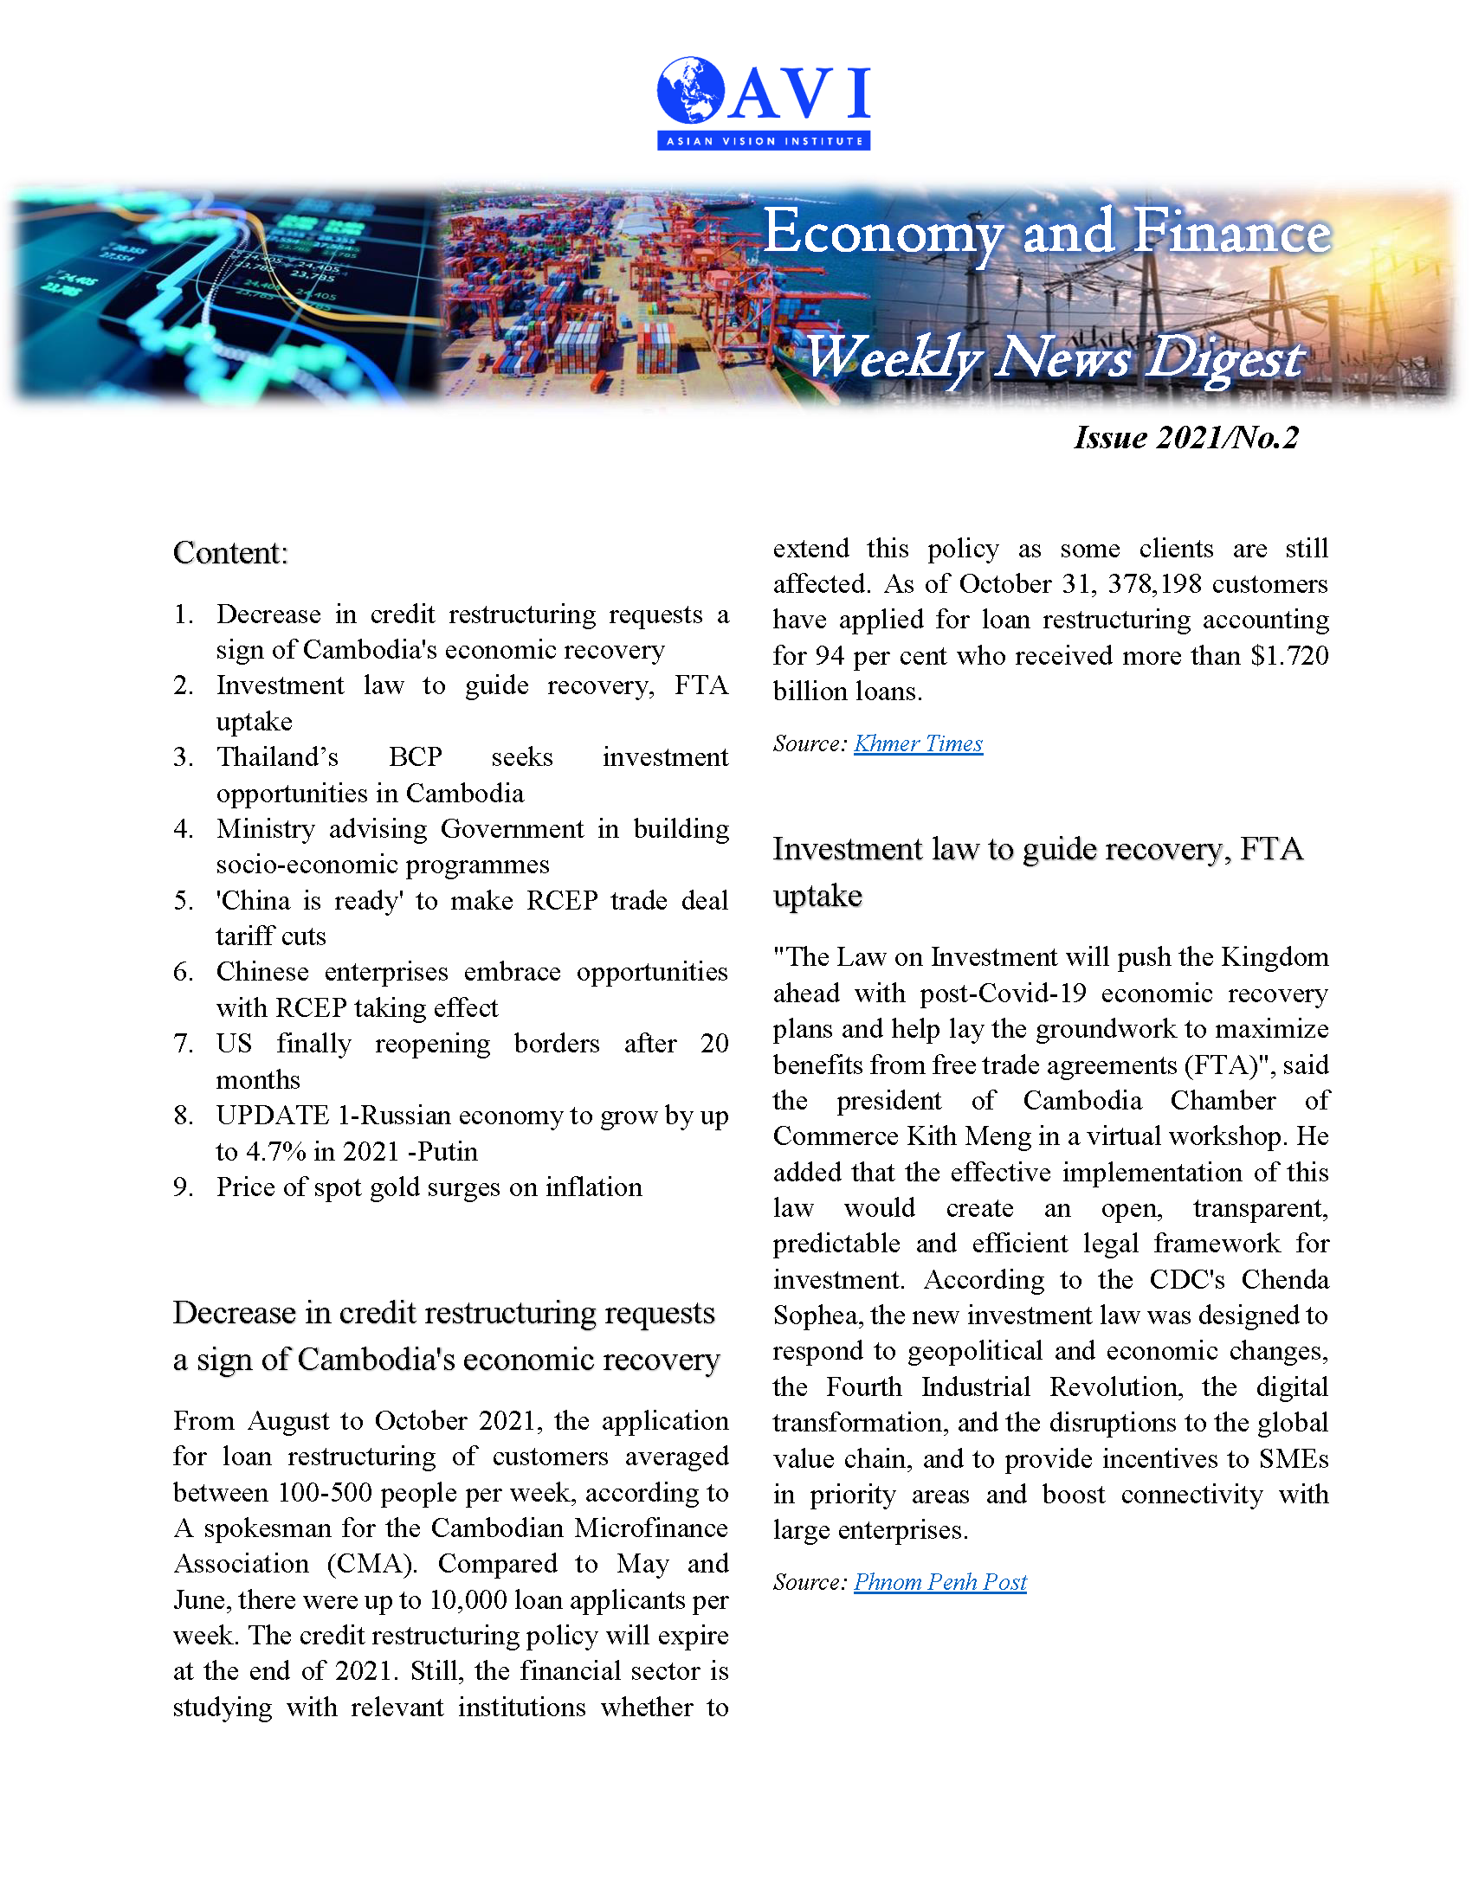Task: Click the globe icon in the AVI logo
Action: coord(691,90)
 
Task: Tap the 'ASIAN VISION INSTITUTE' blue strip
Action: coord(763,140)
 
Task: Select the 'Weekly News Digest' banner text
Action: coord(1055,357)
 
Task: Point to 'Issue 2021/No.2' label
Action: coord(1186,438)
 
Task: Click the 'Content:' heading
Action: coord(230,553)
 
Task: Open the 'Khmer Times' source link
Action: coord(917,743)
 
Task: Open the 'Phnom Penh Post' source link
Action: coord(939,1582)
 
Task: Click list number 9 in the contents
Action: coord(182,1187)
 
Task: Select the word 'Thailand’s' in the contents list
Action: coord(277,756)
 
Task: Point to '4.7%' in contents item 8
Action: coord(275,1152)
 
